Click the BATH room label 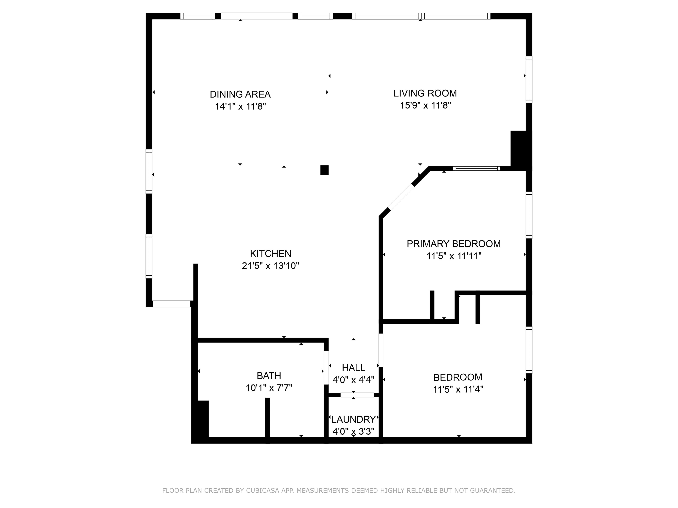point(269,376)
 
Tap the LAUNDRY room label point(353,419)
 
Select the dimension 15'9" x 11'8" point(426,106)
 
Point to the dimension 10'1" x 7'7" point(269,388)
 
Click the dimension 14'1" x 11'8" point(240,107)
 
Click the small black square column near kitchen point(324,170)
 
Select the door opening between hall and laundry point(357,395)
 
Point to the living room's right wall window point(529,80)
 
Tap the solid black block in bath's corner point(202,419)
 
